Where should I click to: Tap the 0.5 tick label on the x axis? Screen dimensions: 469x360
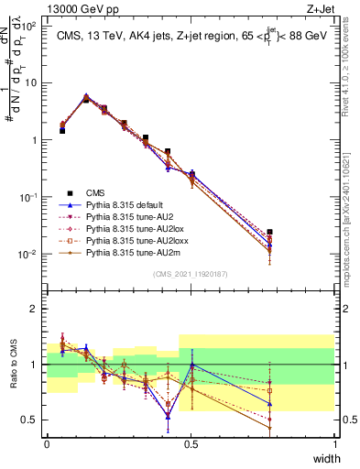191,443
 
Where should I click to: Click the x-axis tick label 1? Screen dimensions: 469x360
334,443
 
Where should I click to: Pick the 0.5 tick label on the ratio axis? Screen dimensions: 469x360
29,420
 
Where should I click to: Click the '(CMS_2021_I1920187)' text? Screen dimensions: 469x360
191,273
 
